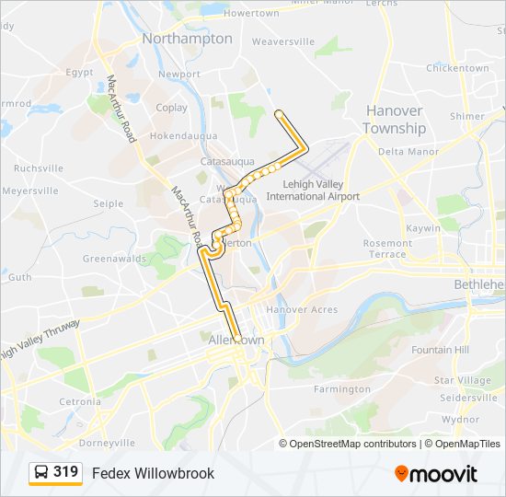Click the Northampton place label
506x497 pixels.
[x=187, y=39]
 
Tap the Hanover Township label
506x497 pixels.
[x=395, y=119]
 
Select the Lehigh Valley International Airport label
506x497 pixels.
[x=312, y=191]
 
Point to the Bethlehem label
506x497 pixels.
[x=479, y=284]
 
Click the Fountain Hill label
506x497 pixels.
[x=440, y=350]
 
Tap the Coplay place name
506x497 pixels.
[x=171, y=108]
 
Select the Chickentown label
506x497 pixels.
[x=456, y=68]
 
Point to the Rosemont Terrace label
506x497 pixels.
[x=387, y=248]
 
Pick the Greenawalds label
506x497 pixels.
[x=113, y=259]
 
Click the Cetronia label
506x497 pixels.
[x=80, y=401]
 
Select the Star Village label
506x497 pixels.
[x=462, y=380]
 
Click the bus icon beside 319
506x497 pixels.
[x=41, y=473]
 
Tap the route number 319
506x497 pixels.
[x=65, y=472]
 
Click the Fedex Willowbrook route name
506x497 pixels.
[x=153, y=473]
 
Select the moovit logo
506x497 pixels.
[x=436, y=474]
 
